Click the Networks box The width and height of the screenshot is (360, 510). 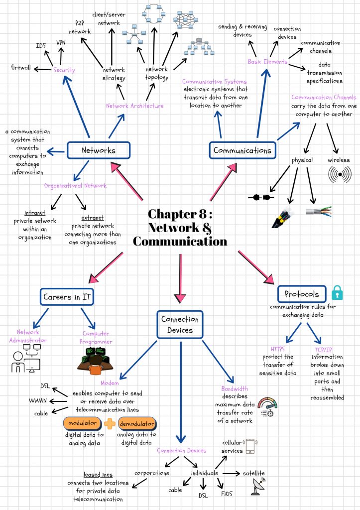pyautogui.click(x=99, y=150)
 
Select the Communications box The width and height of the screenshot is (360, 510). pyautogui.click(x=242, y=150)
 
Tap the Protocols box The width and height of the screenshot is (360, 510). pyautogui.click(x=302, y=294)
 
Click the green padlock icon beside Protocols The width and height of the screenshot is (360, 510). pyautogui.click(x=337, y=292)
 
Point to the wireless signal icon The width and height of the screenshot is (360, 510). pyautogui.click(x=340, y=175)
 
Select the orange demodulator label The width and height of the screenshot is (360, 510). pyautogui.click(x=137, y=423)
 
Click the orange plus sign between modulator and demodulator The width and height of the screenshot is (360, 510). pyautogui.click(x=110, y=423)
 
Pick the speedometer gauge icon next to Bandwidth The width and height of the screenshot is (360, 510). pyautogui.click(x=267, y=406)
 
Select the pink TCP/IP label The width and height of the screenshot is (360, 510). pyautogui.click(x=327, y=349)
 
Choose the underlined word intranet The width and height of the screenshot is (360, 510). pyautogui.click(x=35, y=213)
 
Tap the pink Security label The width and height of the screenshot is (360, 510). pyautogui.click(x=64, y=70)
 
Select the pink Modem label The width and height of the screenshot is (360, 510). pyautogui.click(x=110, y=383)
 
